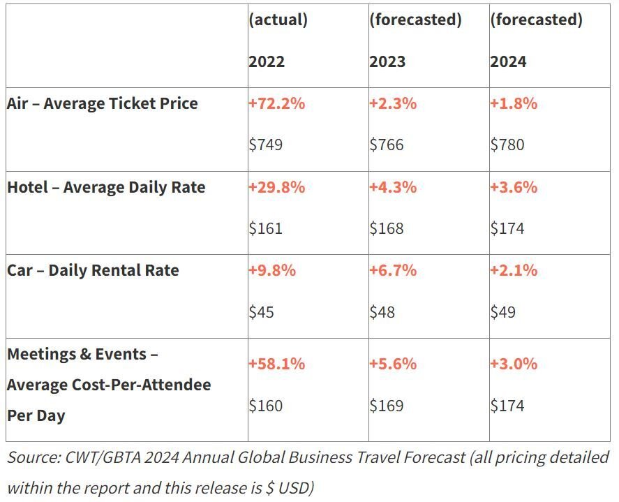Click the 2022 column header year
267,61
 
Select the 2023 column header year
387,61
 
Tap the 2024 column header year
508,61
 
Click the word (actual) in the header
278,20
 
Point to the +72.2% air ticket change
277,103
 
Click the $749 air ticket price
266,145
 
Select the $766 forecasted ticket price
387,145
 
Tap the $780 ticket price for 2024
507,145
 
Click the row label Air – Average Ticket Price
103,103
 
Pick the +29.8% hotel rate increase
277,187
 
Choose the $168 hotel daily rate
387,228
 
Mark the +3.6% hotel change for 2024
514,187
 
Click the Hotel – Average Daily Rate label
106,187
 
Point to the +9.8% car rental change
272,271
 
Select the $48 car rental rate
382,312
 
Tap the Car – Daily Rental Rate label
93,271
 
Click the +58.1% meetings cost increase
277,364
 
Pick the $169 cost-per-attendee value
387,406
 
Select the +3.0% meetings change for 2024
514,364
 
